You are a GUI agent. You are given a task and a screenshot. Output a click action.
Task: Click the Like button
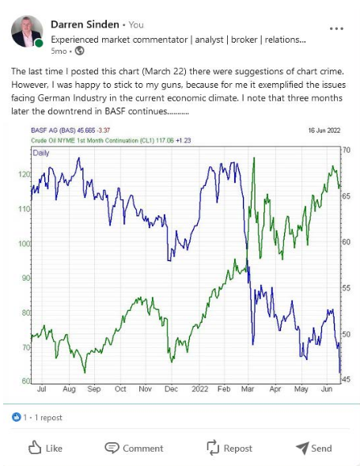point(45,448)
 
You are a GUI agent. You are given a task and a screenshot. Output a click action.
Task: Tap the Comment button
point(134,448)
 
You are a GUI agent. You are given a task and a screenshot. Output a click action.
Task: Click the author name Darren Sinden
point(85,25)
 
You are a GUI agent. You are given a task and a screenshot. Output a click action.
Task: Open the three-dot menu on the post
point(336,28)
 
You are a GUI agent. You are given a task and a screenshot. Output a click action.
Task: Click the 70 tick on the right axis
point(345,150)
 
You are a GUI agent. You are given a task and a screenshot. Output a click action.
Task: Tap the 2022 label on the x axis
point(199,389)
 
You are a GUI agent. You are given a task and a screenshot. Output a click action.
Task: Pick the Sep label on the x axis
point(93,389)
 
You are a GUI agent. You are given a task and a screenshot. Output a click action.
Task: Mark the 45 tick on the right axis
point(345,380)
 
